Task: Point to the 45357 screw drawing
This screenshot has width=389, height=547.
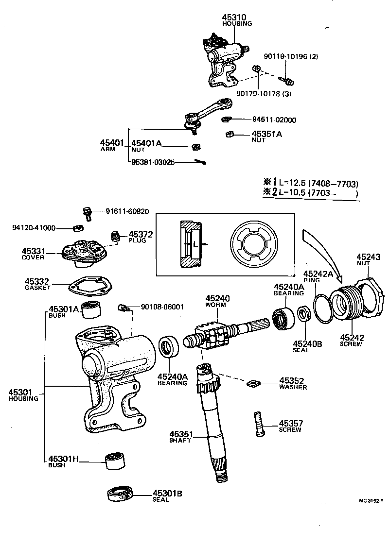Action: coord(259,424)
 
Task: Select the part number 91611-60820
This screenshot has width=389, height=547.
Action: coord(127,212)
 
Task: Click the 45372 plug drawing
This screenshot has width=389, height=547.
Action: coord(116,237)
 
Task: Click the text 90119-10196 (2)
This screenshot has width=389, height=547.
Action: coord(291,56)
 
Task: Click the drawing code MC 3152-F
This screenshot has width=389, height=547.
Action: coord(371,500)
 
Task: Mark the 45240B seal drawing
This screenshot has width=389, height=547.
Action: coord(304,313)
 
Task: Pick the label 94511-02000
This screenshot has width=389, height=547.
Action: coord(274,120)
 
